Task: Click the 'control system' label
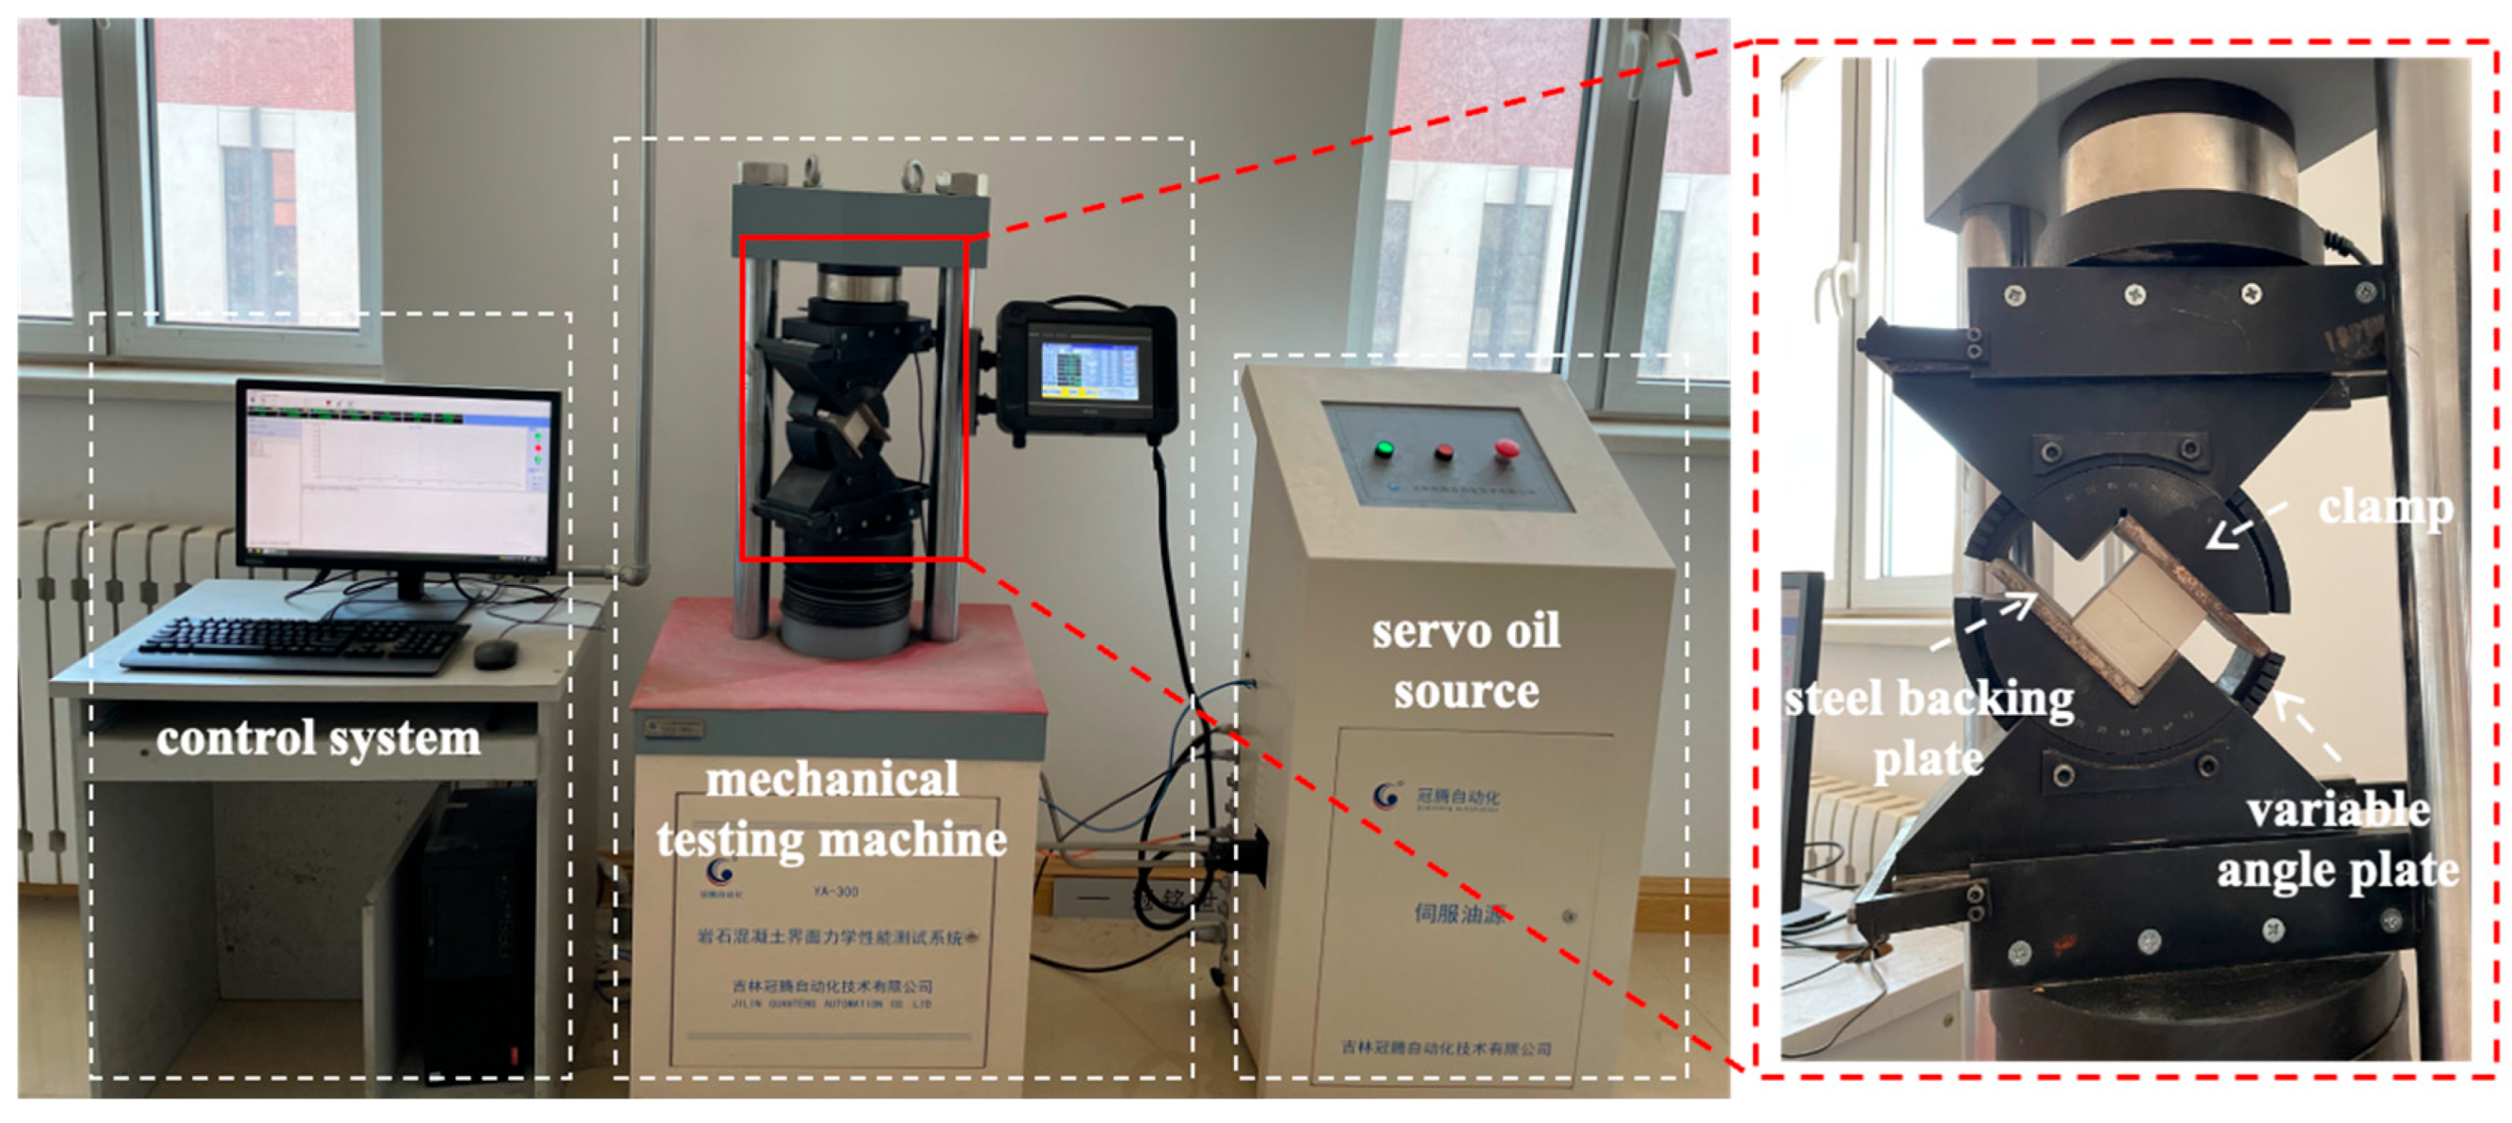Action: (x=318, y=738)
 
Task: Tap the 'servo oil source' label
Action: (x=1465, y=661)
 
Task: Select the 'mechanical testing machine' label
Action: (x=830, y=809)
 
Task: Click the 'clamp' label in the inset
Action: (x=2385, y=508)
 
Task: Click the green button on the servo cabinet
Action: (x=1382, y=450)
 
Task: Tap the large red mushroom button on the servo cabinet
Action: (x=1507, y=449)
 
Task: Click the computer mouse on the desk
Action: (x=496, y=653)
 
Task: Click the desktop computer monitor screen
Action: (x=398, y=478)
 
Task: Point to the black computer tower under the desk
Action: (x=478, y=926)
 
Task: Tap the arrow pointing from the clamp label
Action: (x=2243, y=527)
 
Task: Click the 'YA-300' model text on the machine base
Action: (x=836, y=891)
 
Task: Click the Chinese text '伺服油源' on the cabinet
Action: (x=1458, y=912)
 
